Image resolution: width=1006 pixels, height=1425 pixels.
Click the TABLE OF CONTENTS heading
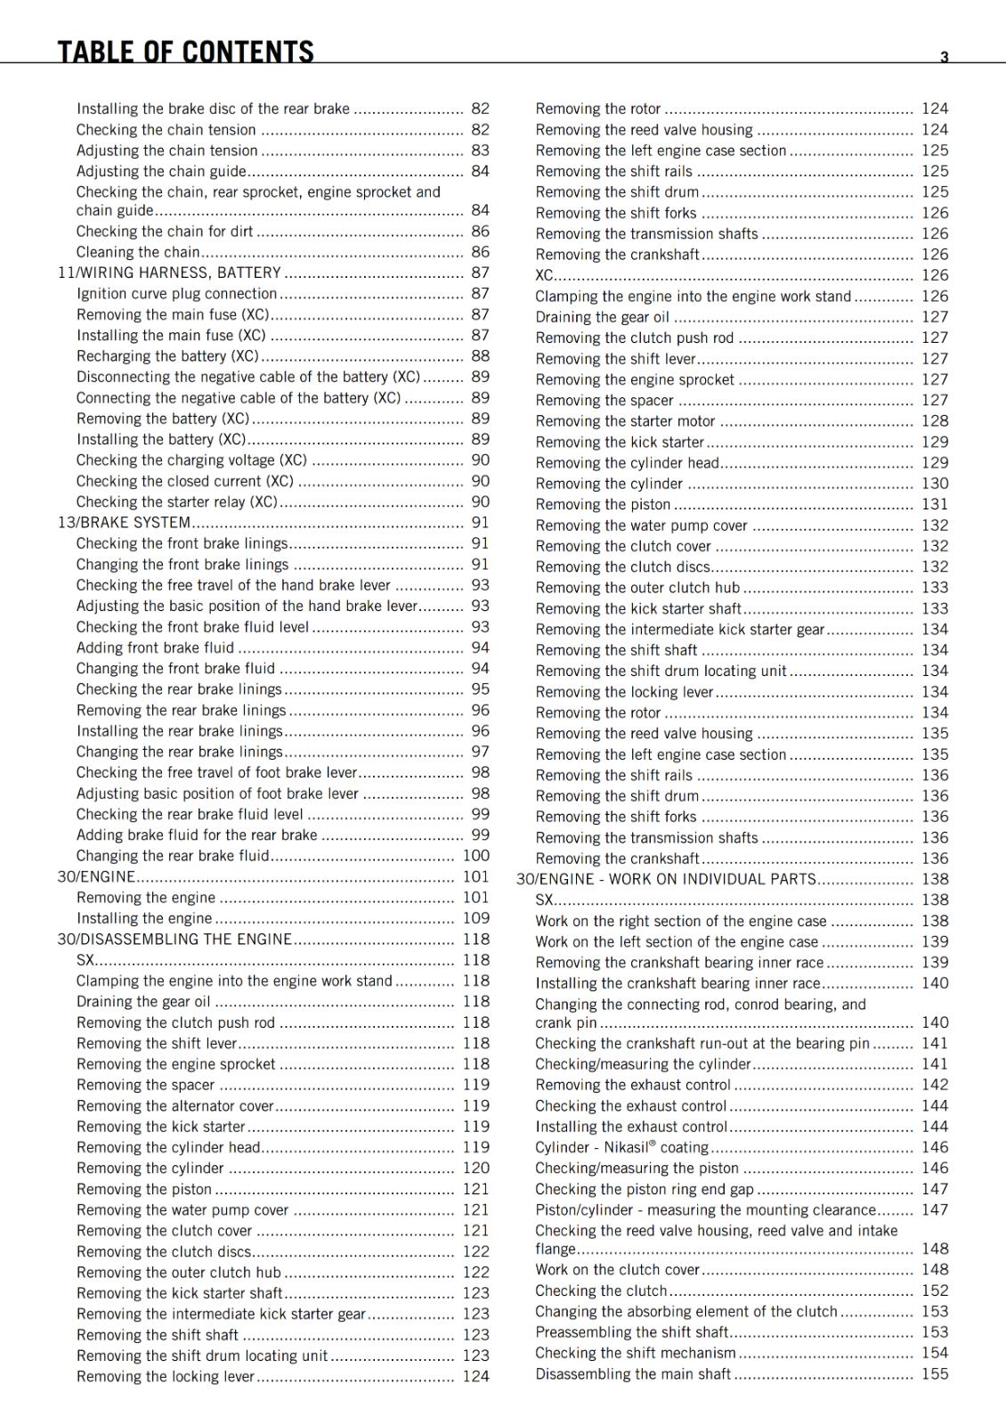[185, 52]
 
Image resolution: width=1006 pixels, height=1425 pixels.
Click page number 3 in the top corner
[945, 57]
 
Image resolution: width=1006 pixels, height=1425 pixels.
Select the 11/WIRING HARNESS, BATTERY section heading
[169, 273]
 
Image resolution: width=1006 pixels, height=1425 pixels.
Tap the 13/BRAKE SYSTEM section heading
[124, 523]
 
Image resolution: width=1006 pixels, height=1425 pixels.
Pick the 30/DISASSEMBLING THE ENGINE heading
[174, 939]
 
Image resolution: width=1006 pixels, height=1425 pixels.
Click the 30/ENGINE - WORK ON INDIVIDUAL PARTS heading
[666, 879]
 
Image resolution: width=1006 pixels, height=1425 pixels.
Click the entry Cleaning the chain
[138, 252]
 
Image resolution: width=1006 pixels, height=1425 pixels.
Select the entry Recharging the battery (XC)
[167, 356]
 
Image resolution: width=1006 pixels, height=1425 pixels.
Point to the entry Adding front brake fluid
[155, 647]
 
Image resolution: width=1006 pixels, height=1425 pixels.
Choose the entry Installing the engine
[144, 918]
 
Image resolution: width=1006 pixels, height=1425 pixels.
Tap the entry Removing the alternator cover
[175, 1105]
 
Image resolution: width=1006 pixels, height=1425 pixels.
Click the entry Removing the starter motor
[625, 421]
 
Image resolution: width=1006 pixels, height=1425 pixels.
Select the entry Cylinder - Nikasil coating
[621, 1147]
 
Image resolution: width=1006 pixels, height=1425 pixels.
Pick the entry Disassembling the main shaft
[633, 1374]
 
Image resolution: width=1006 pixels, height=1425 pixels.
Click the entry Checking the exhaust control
[631, 1105]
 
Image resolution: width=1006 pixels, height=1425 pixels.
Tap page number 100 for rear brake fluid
[475, 856]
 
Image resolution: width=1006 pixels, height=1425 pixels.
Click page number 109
[475, 918]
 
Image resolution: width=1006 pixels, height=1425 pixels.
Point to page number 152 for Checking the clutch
[935, 1291]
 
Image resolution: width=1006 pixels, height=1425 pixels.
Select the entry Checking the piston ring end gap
[645, 1189]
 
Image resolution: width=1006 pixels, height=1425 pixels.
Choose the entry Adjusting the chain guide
[161, 171]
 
